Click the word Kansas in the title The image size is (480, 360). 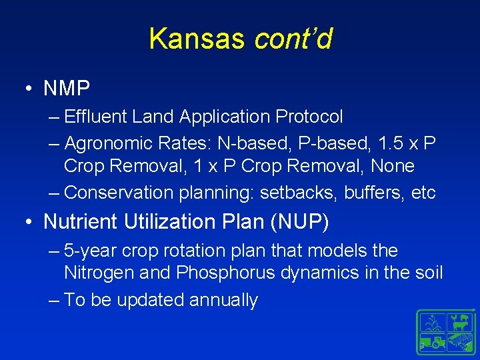(198, 39)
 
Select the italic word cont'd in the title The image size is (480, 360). (293, 39)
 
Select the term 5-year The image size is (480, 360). (91, 251)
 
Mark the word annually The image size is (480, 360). (223, 301)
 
